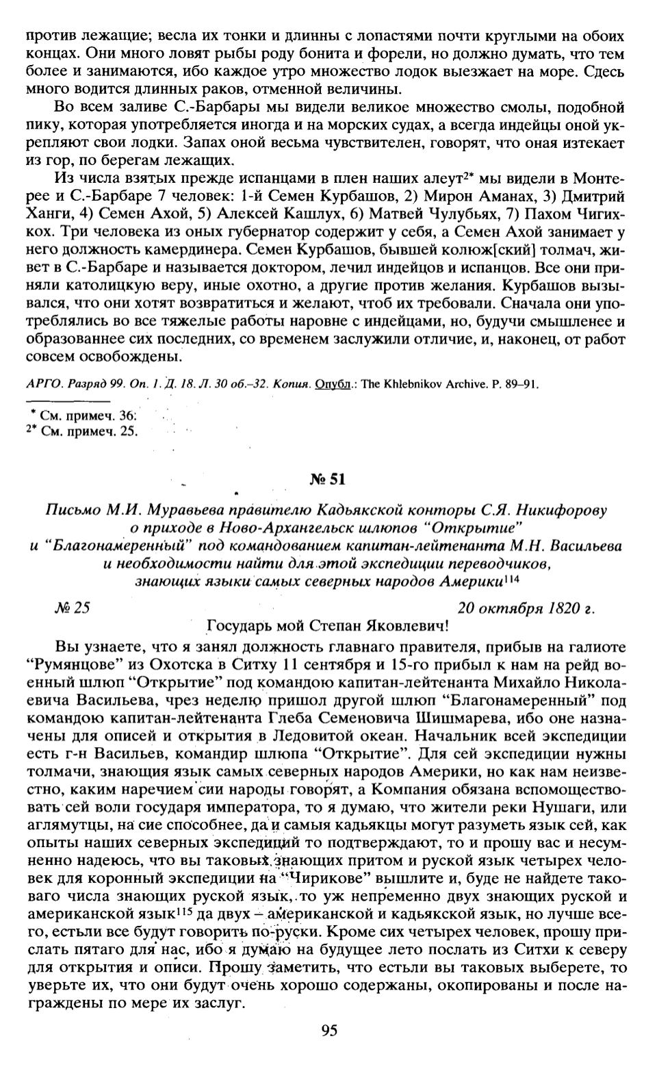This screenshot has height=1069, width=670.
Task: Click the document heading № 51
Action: (x=327, y=479)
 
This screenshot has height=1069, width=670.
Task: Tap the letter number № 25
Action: (x=72, y=607)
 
